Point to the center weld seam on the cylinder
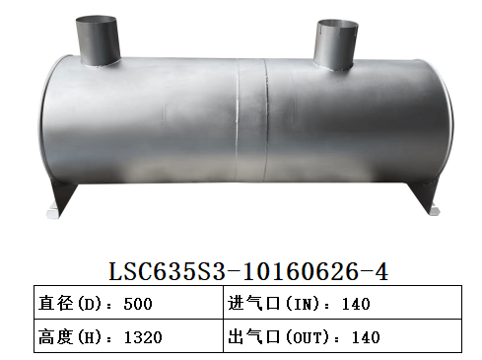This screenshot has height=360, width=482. pos(264,128)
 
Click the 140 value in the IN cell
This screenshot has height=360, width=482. pos(356,304)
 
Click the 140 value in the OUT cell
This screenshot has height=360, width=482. pos(365,336)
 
